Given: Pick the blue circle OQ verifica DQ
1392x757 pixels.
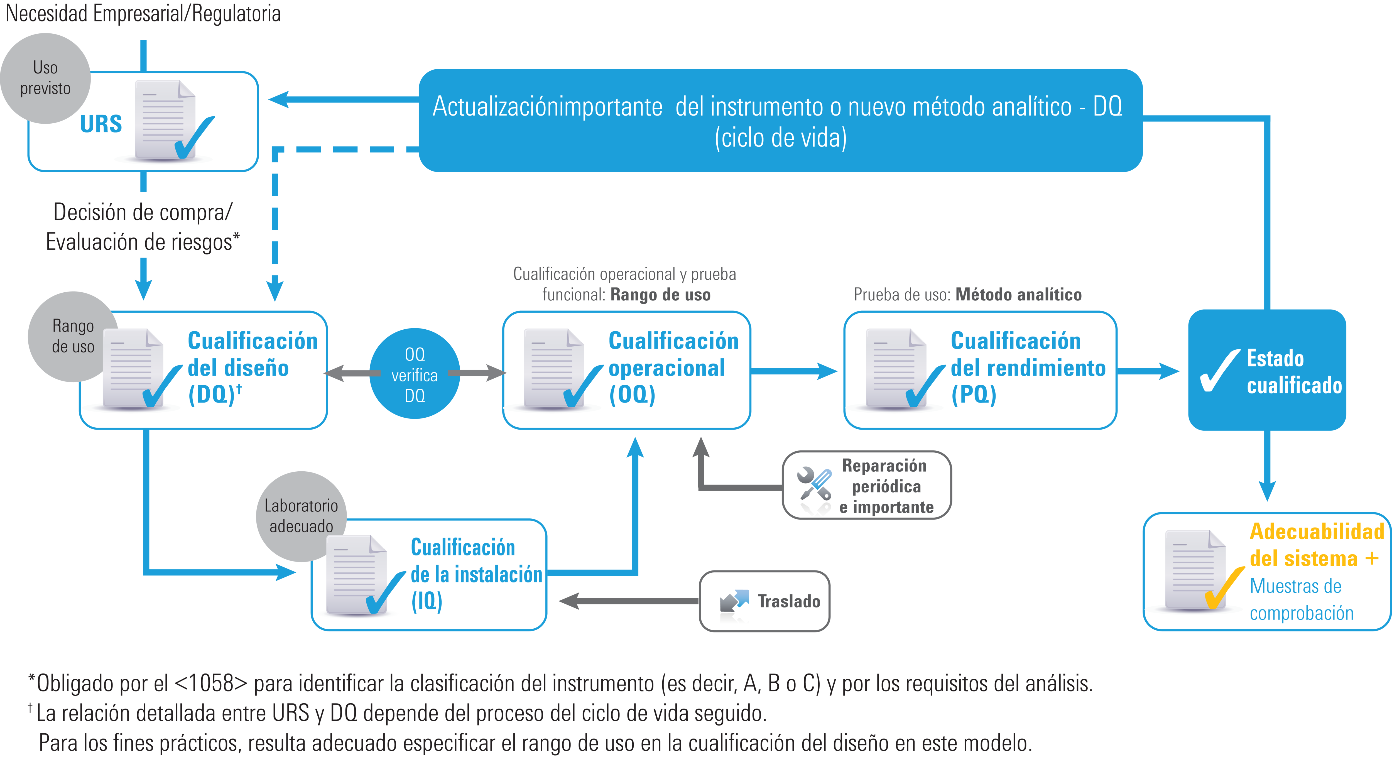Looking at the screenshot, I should pyautogui.click(x=415, y=374).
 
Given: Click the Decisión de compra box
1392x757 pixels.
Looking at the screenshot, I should pyautogui.click(x=143, y=226).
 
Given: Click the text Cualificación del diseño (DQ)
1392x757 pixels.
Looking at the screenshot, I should pyautogui.click(x=252, y=368).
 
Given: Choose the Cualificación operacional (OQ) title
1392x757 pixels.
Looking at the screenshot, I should pyautogui.click(x=673, y=368).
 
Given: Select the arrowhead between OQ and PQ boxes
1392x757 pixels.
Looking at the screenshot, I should pyautogui.click(x=827, y=371).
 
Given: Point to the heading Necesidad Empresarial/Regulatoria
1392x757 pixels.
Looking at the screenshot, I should pyautogui.click(x=143, y=14).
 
